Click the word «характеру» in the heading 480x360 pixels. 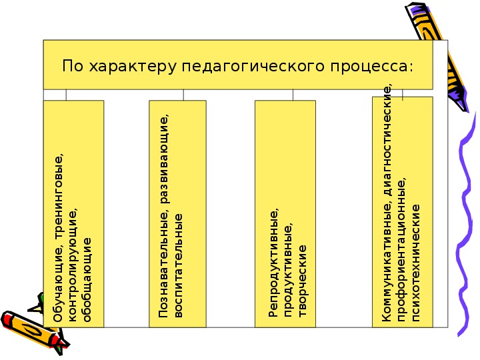133,67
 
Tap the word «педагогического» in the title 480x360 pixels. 253,67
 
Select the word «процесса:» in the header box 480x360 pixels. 371,67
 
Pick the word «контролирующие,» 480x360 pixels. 73,265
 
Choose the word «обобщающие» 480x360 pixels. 87,280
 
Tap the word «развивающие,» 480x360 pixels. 165,159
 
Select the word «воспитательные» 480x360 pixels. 178,266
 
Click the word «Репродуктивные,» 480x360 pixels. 274,263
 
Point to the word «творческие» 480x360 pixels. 302,281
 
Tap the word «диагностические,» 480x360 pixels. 387,140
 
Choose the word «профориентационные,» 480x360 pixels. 402,250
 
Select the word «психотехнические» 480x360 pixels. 416,263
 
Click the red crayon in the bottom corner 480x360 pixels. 34,332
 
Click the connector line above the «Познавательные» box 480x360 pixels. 183,95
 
